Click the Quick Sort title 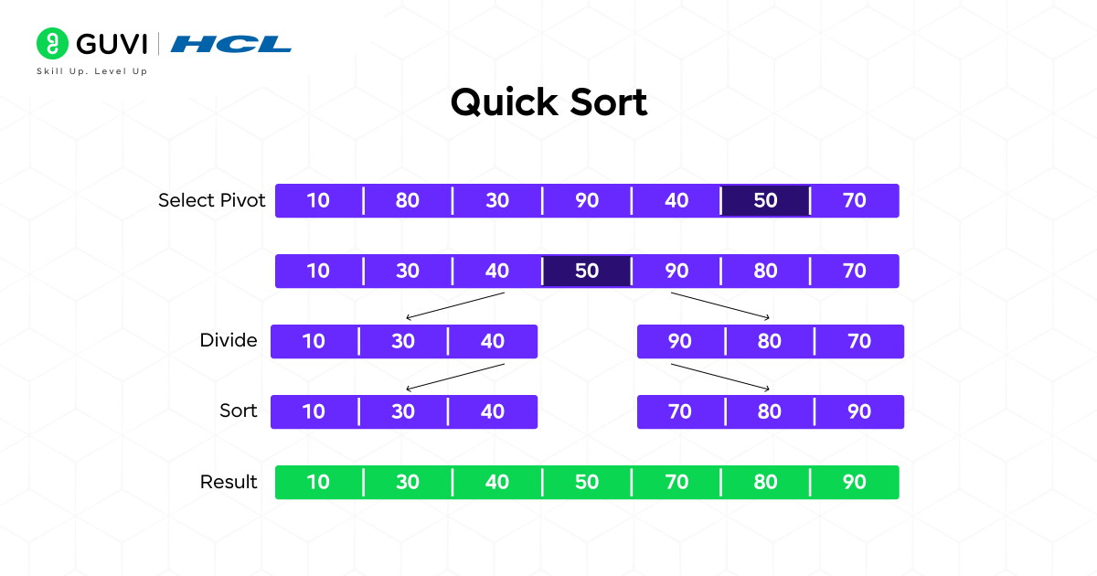pyautogui.click(x=548, y=102)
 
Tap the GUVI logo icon pyautogui.click(x=53, y=43)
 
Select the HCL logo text pyautogui.click(x=230, y=44)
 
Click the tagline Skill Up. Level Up pyautogui.click(x=91, y=71)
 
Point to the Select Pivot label pyautogui.click(x=211, y=200)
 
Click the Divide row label pyautogui.click(x=229, y=341)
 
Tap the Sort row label pyautogui.click(x=238, y=411)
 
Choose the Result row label pyautogui.click(x=229, y=482)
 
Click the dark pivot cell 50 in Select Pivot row pyautogui.click(x=765, y=201)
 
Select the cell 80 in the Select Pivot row pyautogui.click(x=408, y=201)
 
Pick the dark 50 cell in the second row pyautogui.click(x=586, y=272)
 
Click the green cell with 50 pyautogui.click(x=586, y=482)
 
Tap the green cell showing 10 pyautogui.click(x=318, y=482)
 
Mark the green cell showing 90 pyautogui.click(x=855, y=482)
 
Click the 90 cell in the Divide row pyautogui.click(x=679, y=342)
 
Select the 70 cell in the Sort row pyautogui.click(x=679, y=412)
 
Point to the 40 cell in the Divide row pyautogui.click(x=493, y=342)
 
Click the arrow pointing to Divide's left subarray pyautogui.click(x=454, y=306)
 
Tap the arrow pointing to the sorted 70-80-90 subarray pyautogui.click(x=720, y=377)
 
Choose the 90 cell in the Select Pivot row pyautogui.click(x=586, y=201)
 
